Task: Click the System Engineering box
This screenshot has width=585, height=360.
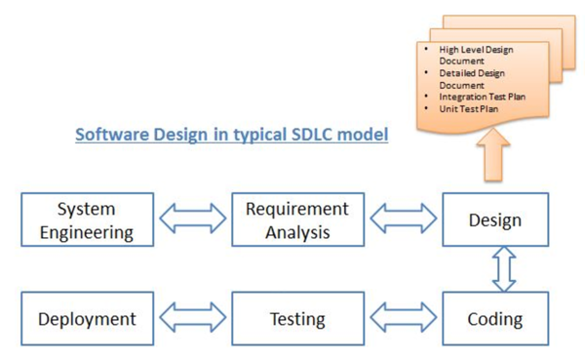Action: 87,220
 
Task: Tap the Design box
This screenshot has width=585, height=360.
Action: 495,220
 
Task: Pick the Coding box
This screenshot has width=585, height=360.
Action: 495,318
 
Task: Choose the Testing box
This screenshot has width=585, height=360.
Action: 296,318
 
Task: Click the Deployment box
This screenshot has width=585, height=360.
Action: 87,318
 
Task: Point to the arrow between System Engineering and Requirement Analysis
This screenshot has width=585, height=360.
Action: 192,220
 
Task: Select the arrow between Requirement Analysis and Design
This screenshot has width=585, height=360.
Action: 403,220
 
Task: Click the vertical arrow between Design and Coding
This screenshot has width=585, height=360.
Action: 503,269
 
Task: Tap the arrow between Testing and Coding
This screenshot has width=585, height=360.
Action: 403,318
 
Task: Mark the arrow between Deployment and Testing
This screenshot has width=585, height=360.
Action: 192,318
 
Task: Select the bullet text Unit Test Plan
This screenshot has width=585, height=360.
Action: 468,109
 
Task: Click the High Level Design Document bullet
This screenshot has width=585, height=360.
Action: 474,55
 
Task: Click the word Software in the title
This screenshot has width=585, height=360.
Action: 111,134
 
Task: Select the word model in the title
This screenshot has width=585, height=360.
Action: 363,134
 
